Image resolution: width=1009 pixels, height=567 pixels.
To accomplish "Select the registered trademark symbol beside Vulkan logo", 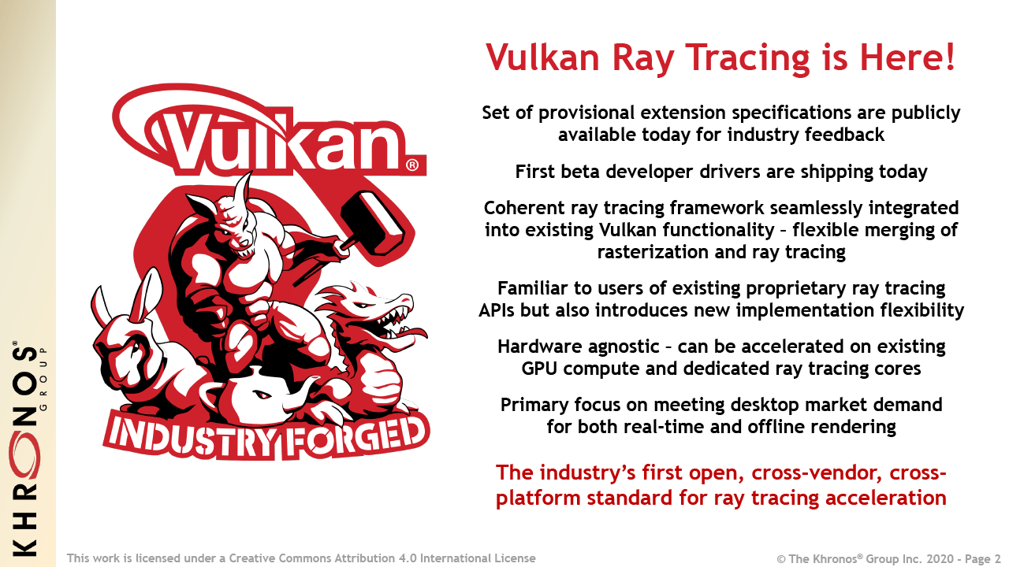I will click(x=411, y=166).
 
